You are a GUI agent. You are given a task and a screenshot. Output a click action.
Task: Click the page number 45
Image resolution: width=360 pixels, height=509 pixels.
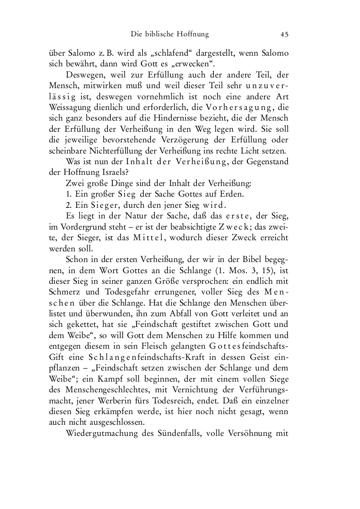click(x=284, y=34)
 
